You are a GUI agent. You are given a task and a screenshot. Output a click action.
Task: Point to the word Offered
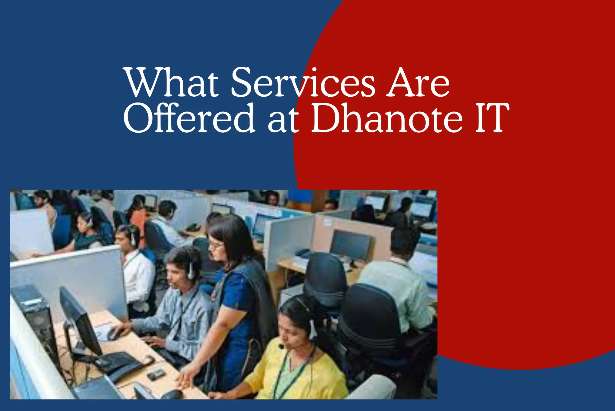(189, 119)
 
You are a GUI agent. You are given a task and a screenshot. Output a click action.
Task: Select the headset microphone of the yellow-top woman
(281, 347)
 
